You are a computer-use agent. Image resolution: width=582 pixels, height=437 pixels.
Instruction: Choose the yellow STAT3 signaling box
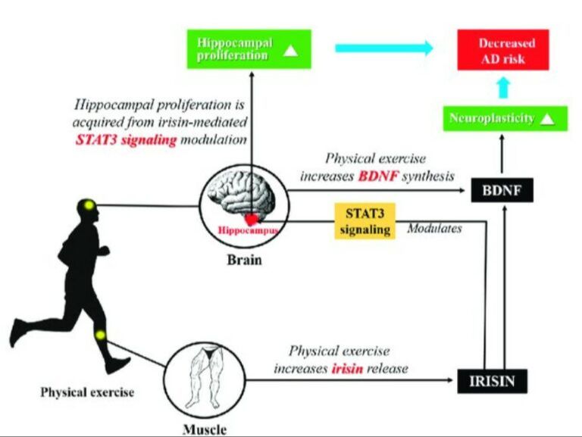click(x=365, y=220)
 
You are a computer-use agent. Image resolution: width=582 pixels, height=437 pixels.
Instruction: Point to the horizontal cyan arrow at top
click(x=384, y=48)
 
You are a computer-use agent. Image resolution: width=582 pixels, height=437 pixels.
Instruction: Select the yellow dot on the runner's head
click(x=89, y=204)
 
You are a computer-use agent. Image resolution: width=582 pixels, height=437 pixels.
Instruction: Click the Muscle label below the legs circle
click(x=204, y=429)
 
